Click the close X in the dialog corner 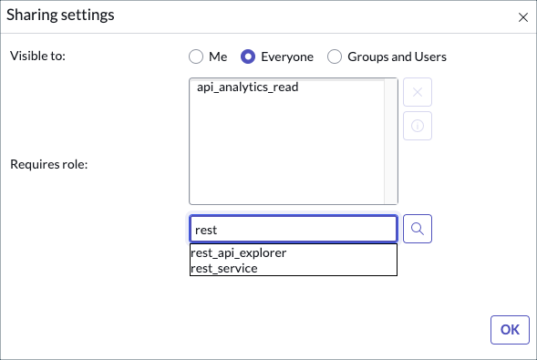click(x=522, y=17)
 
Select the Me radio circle click(x=195, y=57)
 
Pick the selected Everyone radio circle click(x=247, y=57)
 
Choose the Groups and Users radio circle click(x=334, y=57)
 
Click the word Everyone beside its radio click(x=286, y=57)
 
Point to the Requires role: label click(x=48, y=164)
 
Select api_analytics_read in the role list click(x=247, y=87)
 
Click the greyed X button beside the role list click(x=418, y=92)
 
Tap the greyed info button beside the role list click(x=418, y=127)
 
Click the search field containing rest click(x=293, y=230)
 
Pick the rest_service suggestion click(x=224, y=268)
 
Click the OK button click(x=510, y=330)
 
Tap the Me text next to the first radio click(x=218, y=57)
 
